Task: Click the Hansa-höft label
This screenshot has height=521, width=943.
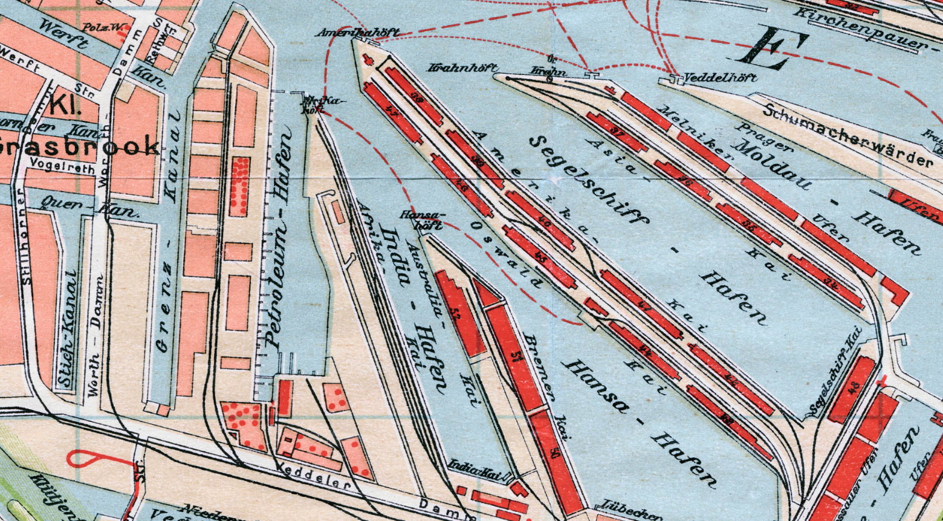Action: (x=423, y=219)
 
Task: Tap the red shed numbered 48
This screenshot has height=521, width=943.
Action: (x=852, y=389)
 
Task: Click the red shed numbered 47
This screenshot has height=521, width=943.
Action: (x=391, y=111)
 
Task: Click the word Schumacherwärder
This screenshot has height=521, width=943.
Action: (x=846, y=135)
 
